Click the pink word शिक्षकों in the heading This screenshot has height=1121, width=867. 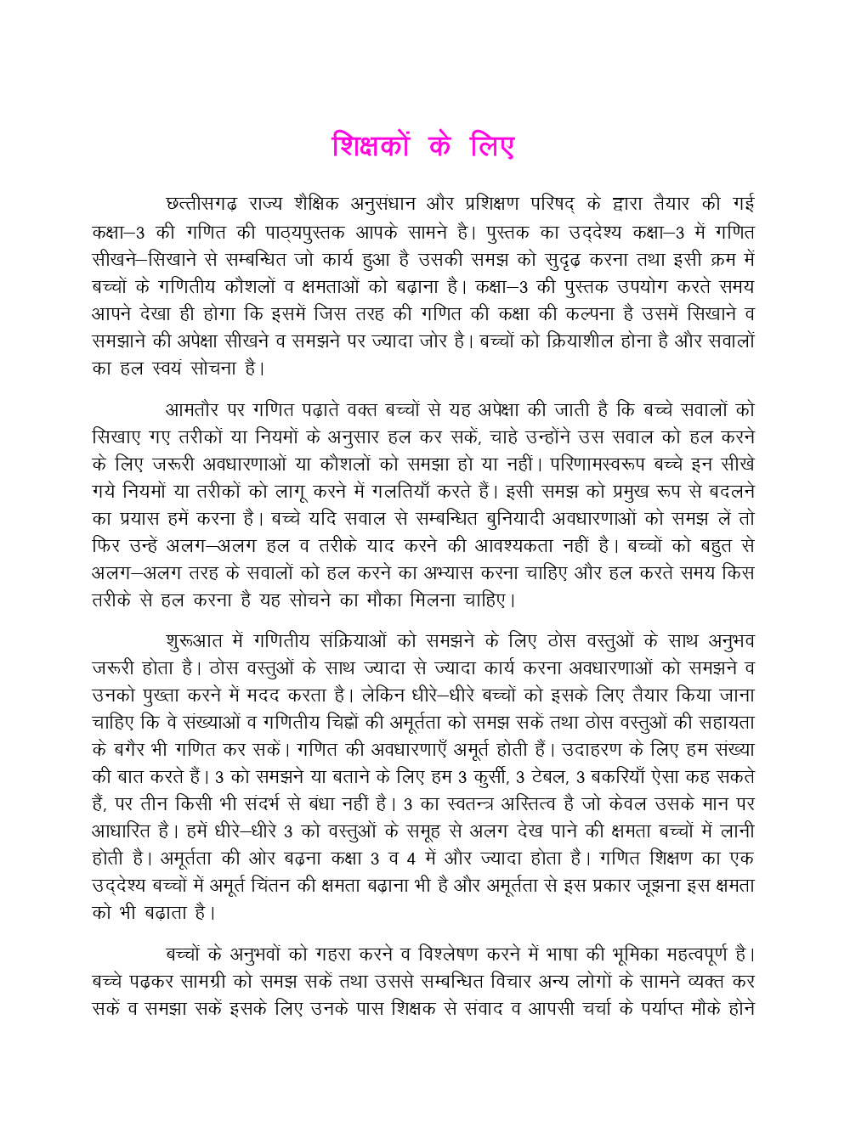371,146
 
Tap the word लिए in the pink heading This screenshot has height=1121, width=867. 492,146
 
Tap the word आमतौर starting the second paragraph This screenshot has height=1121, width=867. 192,409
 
